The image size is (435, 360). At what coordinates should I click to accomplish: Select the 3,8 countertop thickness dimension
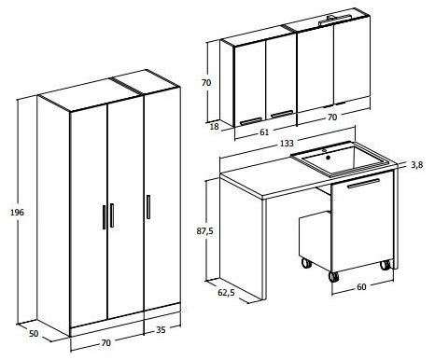pos(417,165)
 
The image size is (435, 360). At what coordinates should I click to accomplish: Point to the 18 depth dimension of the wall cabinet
pos(215,125)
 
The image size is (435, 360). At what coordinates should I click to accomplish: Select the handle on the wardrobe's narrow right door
pos(147,206)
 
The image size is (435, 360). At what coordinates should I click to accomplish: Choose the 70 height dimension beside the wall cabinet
pos(207,83)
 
